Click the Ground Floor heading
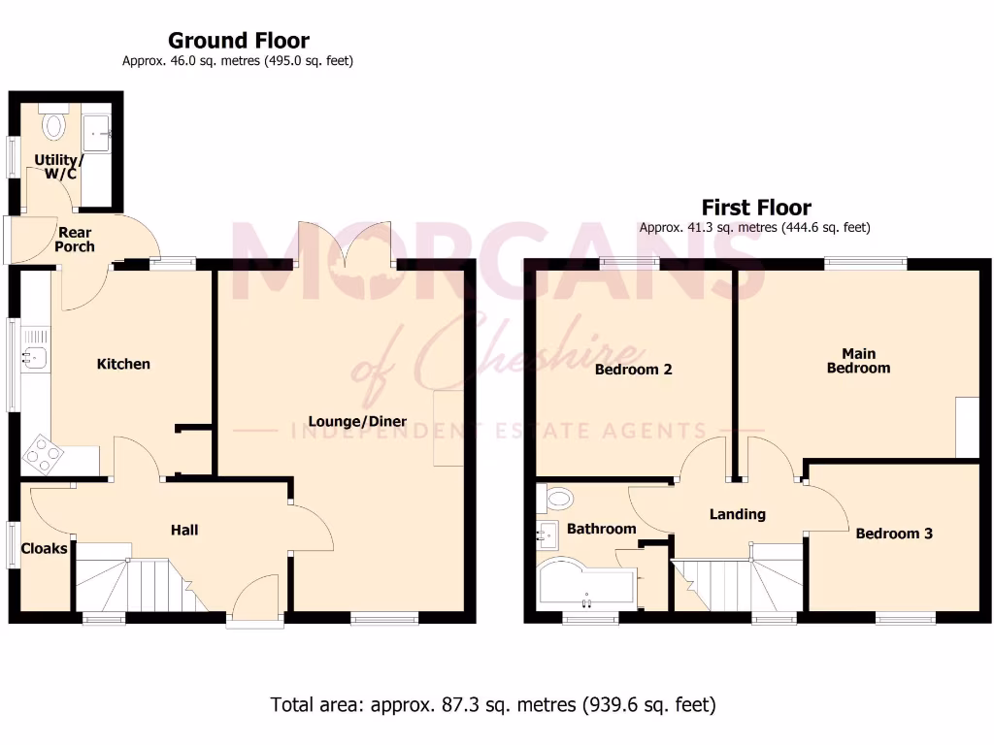[238, 41]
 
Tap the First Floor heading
[756, 208]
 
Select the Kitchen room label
[123, 364]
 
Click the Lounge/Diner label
[357, 421]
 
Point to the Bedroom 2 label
[633, 370]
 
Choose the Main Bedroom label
[857, 361]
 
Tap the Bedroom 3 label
[894, 534]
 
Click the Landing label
[737, 514]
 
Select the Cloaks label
[45, 548]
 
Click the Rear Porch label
[75, 240]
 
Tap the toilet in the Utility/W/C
[53, 124]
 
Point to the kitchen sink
[35, 358]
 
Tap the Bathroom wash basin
[547, 532]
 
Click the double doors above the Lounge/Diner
[346, 243]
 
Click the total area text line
[493, 704]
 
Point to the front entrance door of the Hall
[258, 601]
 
